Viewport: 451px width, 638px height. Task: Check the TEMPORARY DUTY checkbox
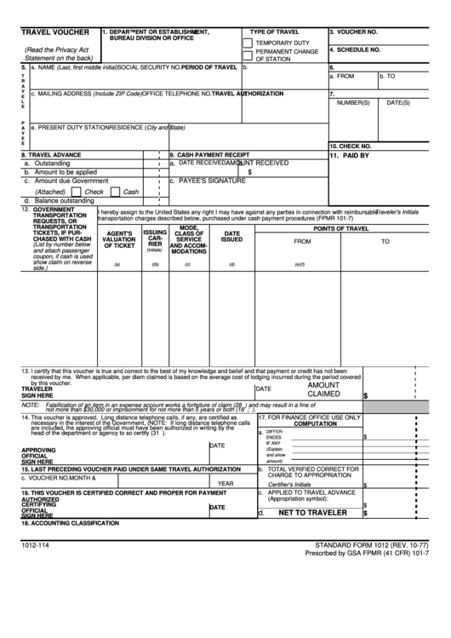coord(248,42)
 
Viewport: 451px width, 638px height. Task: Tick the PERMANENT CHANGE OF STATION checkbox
coord(248,55)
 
